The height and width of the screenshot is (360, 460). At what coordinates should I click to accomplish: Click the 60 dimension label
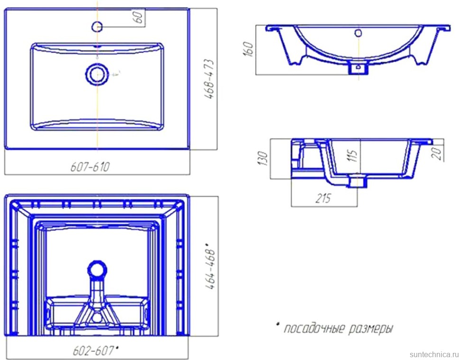point(139,17)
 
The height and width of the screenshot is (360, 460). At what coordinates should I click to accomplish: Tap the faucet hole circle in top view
point(97,27)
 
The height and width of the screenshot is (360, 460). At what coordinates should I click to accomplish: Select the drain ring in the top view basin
point(97,74)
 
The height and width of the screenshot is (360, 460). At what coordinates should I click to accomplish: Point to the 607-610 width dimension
point(90,167)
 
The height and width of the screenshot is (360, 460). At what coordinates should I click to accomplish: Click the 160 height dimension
point(248,49)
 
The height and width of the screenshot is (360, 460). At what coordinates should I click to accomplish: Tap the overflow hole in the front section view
point(358,33)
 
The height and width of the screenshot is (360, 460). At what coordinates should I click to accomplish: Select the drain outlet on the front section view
point(358,67)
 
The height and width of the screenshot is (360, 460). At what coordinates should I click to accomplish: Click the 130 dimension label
point(263,158)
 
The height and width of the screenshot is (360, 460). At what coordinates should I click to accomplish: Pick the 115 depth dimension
point(353,156)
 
